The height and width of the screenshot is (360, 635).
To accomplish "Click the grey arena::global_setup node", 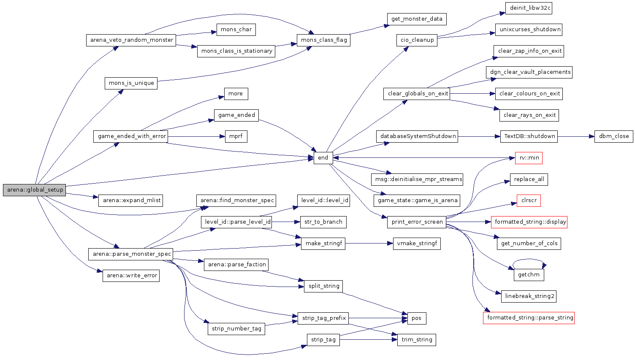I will click(x=35, y=190).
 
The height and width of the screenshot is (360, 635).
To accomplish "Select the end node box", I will click(x=323, y=158).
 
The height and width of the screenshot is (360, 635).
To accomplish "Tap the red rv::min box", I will click(x=529, y=158).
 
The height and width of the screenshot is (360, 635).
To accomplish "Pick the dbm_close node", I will click(x=613, y=136).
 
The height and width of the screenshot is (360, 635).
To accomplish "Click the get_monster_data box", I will click(x=416, y=19).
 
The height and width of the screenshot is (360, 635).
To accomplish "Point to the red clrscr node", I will click(x=529, y=200).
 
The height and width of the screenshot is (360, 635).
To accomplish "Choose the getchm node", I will click(x=529, y=275).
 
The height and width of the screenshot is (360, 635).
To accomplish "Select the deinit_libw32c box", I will click(x=529, y=8).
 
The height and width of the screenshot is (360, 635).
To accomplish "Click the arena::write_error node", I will click(x=131, y=276).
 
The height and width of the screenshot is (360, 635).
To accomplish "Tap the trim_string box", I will click(x=416, y=340).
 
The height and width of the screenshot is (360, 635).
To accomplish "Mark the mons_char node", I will click(x=236, y=30).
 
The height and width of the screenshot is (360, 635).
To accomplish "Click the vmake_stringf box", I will click(x=416, y=244).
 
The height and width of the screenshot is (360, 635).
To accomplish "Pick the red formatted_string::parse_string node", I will click(x=529, y=318).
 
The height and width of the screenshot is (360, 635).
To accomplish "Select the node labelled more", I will click(x=236, y=94).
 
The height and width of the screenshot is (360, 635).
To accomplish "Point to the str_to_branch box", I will click(x=323, y=222).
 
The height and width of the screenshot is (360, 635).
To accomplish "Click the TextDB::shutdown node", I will click(x=529, y=136).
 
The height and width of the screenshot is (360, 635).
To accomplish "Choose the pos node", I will click(x=416, y=318).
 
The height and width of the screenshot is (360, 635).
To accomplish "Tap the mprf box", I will click(x=236, y=137).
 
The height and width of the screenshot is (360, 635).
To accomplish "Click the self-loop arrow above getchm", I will click(x=529, y=260).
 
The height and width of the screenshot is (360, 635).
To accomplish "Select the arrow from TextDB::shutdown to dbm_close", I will click(x=576, y=136).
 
